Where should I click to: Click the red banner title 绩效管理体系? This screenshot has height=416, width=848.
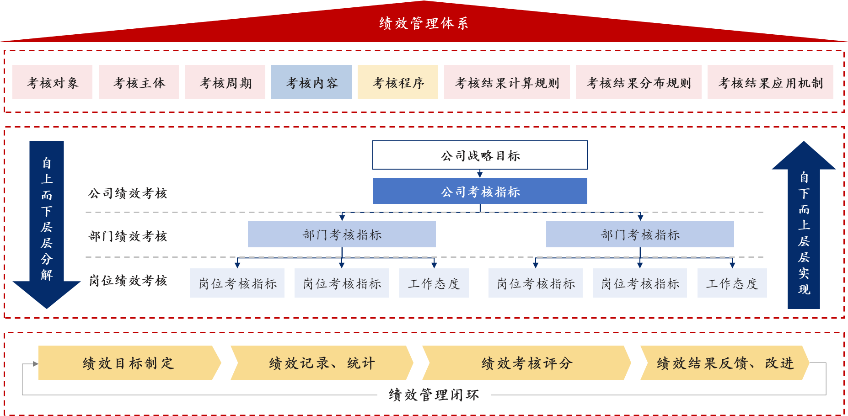tap(424, 23)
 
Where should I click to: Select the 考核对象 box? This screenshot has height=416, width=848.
tap(52, 82)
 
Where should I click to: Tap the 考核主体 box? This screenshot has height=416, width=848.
tap(139, 82)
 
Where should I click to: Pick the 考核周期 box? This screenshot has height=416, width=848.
tap(225, 82)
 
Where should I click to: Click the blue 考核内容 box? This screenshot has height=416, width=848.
tap(311, 82)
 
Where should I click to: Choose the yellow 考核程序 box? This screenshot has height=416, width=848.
tap(398, 82)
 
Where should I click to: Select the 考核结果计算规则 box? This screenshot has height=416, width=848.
tap(507, 82)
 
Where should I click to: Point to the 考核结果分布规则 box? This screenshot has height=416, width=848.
tap(639, 82)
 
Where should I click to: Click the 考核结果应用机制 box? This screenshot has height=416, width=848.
tap(770, 82)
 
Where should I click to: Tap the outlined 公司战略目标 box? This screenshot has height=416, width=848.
tap(480, 155)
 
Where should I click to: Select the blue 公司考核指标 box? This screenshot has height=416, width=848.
tap(480, 191)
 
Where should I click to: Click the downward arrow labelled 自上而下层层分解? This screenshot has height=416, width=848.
tap(47, 219)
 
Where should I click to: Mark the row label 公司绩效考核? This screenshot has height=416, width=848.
tap(128, 193)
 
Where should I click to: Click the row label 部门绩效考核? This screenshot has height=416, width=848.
tap(128, 236)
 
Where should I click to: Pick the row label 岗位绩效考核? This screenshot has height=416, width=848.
tap(128, 281)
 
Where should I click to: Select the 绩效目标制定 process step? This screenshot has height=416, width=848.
tap(128, 363)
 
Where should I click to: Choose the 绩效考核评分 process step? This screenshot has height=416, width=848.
tap(526, 363)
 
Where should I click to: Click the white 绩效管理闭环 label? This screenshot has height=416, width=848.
tap(434, 395)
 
